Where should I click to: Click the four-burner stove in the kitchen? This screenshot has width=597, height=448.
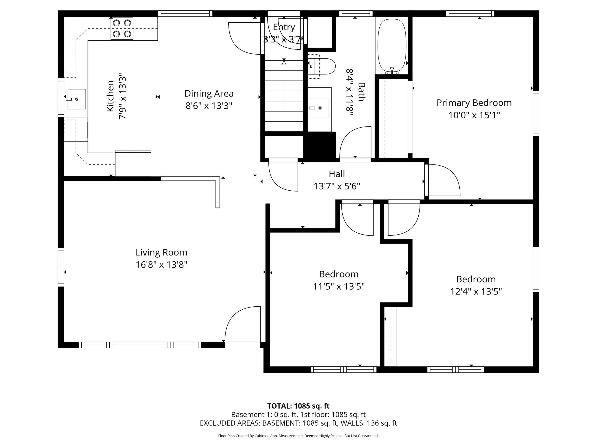(x=122, y=28)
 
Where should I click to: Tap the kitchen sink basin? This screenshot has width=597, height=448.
(x=76, y=99)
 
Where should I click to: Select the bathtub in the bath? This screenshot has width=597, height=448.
(x=392, y=46)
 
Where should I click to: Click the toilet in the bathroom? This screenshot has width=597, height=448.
(x=324, y=66)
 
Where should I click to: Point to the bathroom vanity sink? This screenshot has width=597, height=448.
(x=320, y=108)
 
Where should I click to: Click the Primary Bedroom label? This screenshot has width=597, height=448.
(x=474, y=103)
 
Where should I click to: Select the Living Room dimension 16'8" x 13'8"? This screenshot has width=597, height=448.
(x=161, y=265)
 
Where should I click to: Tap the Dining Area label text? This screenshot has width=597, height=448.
(x=209, y=93)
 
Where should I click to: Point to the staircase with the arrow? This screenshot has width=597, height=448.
(x=284, y=96)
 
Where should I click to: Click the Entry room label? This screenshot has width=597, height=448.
(x=284, y=27)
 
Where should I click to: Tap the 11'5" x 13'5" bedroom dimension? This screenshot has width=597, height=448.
(x=339, y=286)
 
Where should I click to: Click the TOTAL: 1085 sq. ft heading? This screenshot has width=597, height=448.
(x=298, y=406)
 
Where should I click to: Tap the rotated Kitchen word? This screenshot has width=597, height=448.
(x=110, y=96)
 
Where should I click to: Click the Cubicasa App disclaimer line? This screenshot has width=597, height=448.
(x=298, y=436)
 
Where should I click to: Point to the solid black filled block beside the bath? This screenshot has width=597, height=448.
(x=320, y=146)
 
